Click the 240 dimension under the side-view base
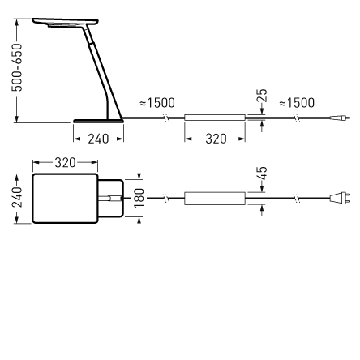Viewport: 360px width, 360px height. click(x=98, y=139)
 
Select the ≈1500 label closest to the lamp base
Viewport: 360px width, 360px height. click(x=157, y=103)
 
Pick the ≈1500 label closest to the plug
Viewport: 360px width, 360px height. click(x=296, y=103)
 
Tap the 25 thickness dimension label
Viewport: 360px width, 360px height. click(x=261, y=97)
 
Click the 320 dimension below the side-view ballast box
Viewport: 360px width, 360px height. click(x=216, y=139)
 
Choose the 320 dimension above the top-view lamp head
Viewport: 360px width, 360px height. click(x=65, y=163)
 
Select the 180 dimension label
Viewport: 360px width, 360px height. click(x=139, y=198)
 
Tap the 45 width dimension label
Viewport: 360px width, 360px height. click(x=261, y=174)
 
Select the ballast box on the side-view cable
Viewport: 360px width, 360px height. click(x=215, y=118)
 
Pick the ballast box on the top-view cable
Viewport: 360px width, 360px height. click(x=215, y=199)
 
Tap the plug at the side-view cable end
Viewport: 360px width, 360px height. click(x=345, y=118)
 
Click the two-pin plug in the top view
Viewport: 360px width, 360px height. click(x=344, y=199)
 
